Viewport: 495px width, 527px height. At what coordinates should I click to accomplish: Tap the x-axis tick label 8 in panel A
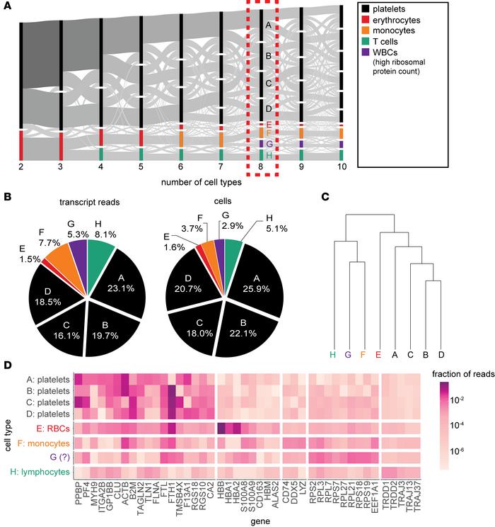pyautogui.click(x=262, y=166)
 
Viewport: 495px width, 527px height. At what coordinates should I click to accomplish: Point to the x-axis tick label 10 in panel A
pyautogui.click(x=342, y=166)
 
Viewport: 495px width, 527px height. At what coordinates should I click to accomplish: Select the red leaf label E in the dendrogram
pyautogui.click(x=378, y=354)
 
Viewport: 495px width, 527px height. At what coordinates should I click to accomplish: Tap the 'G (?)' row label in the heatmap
pyautogui.click(x=55, y=458)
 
